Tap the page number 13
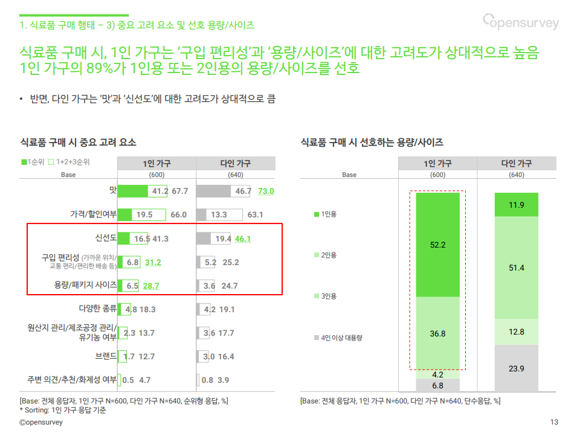click(x=554, y=422)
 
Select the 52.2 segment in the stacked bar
click(x=437, y=245)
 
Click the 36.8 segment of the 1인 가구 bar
click(x=437, y=333)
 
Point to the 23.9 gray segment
click(x=517, y=368)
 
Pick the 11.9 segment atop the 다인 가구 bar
click(x=517, y=205)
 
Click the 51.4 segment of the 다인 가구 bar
click(x=517, y=268)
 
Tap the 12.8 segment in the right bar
click(x=517, y=332)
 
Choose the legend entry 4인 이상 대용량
click(x=338, y=338)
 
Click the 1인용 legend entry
click(x=325, y=214)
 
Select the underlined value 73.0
click(x=266, y=191)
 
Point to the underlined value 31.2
click(x=153, y=262)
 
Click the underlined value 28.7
click(x=151, y=286)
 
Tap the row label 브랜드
click(x=106, y=356)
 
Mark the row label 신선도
click(x=106, y=238)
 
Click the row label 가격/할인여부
click(x=93, y=214)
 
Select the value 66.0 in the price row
click(x=178, y=214)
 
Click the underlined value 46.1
click(x=243, y=239)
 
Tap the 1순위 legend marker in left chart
click(x=24, y=162)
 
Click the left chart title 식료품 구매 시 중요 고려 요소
click(x=78, y=143)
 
